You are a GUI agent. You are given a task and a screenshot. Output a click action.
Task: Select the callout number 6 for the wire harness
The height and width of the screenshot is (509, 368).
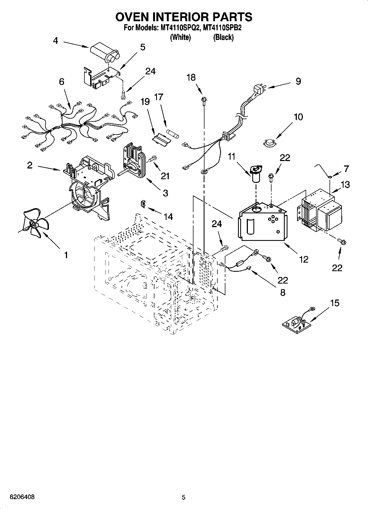click(62, 82)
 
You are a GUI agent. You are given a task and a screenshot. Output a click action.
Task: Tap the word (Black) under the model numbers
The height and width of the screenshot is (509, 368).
click(223, 37)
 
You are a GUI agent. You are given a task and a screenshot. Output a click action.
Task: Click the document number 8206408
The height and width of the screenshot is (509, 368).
click(22, 497)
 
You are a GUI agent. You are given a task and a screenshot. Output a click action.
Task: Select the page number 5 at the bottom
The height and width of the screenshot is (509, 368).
click(184, 497)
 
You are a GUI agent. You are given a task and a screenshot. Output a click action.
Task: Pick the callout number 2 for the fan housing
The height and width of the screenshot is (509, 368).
click(30, 165)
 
